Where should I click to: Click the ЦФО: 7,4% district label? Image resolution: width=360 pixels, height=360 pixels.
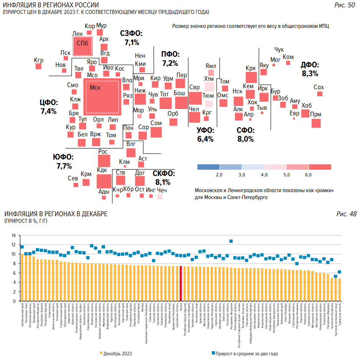[x=48, y=106]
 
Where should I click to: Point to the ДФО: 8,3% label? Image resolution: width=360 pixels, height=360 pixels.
[x=310, y=69]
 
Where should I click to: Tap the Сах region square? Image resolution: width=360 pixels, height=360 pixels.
[x=320, y=94]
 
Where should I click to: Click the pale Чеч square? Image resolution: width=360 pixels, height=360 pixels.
[x=160, y=196]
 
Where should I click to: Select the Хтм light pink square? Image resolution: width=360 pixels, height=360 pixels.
[x=209, y=87]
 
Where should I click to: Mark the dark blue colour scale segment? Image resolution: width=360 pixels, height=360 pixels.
[x=208, y=167]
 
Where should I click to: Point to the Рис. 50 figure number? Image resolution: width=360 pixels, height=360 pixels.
[x=345, y=5]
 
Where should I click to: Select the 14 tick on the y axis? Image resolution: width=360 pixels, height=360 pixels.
[x=14, y=235]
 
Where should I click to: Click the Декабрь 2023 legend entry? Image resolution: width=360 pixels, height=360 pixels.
[x=116, y=353]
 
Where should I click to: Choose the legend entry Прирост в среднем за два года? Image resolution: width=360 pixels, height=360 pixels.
[x=245, y=353]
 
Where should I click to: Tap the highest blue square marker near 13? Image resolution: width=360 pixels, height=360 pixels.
[x=231, y=241]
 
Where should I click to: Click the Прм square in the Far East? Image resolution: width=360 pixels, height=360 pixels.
[x=316, y=123]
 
